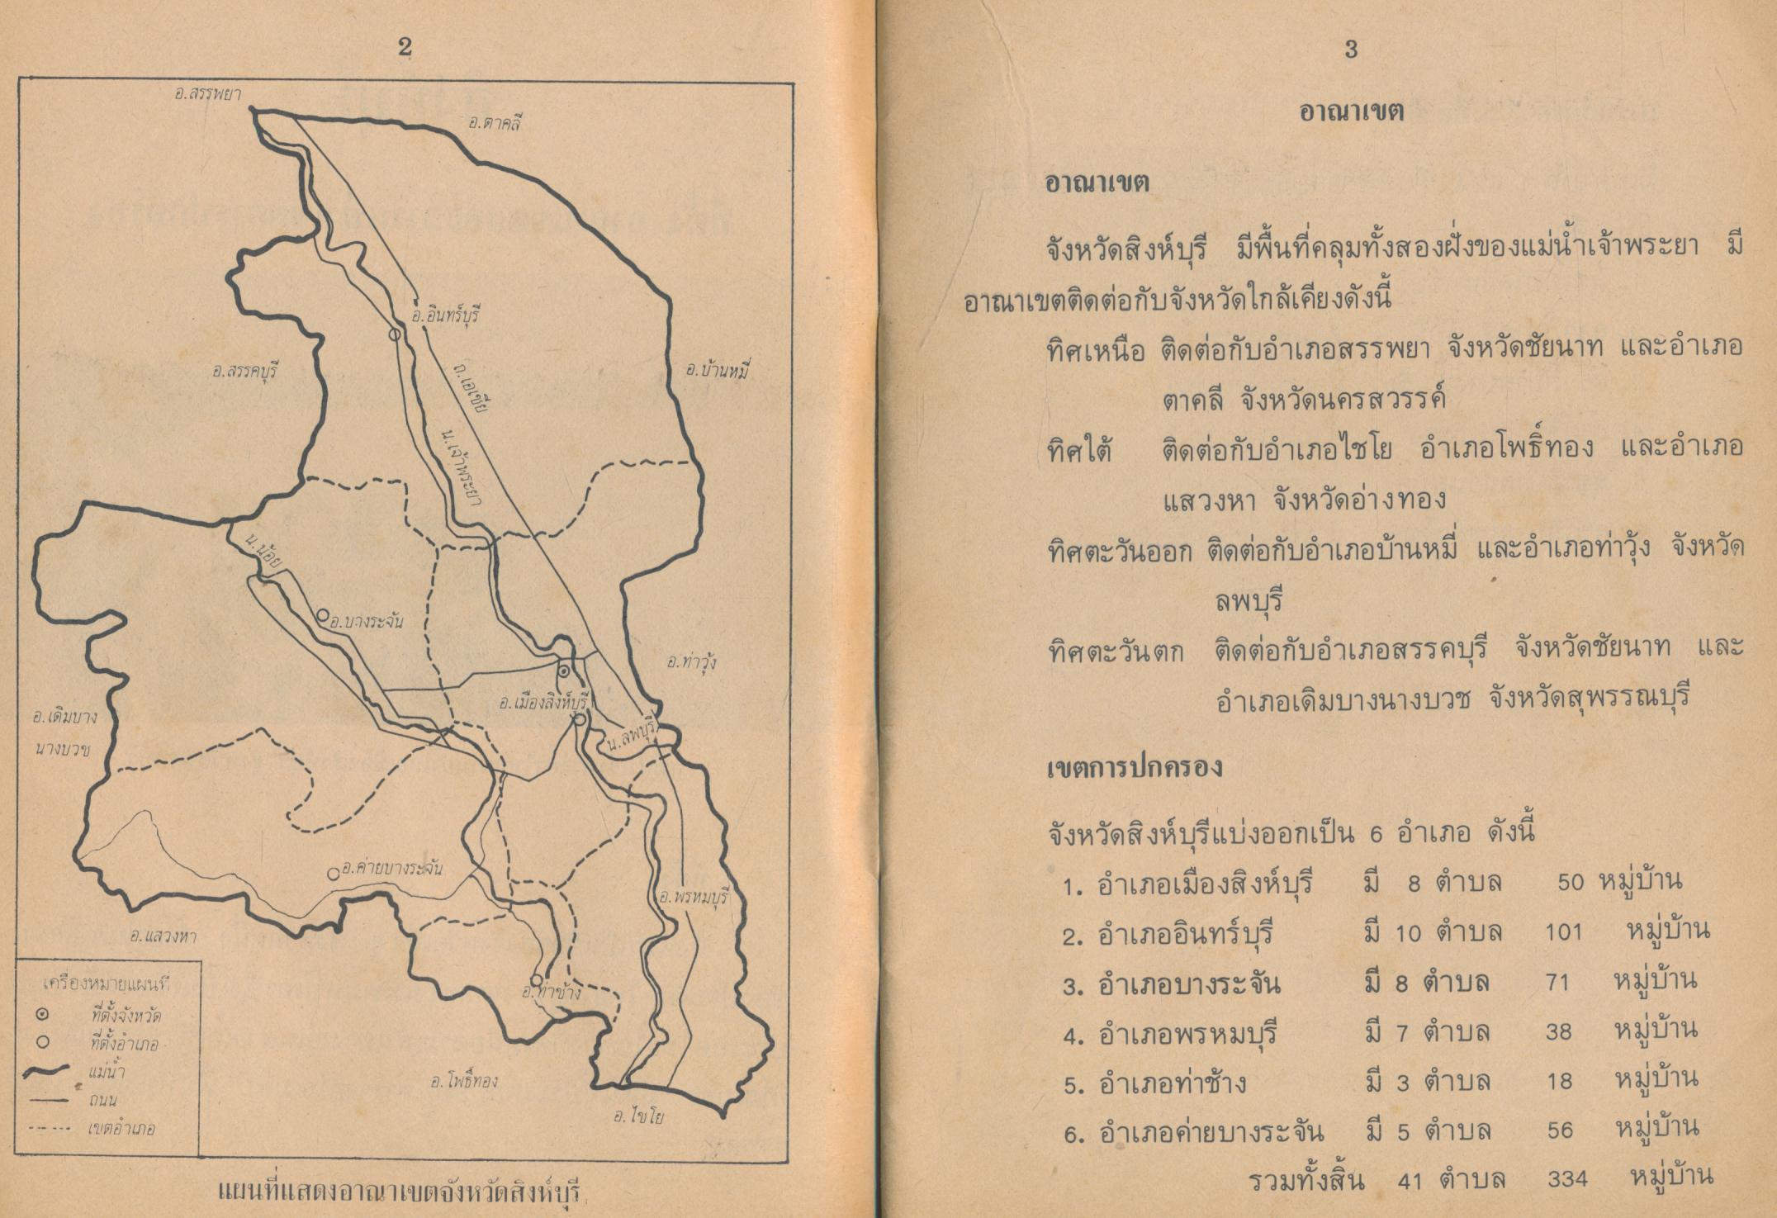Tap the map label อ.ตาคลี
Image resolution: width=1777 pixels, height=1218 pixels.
click(495, 124)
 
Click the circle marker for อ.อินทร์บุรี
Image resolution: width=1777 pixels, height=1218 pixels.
click(395, 334)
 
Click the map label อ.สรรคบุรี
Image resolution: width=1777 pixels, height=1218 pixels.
click(245, 371)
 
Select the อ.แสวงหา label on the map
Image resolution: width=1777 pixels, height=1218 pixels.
click(163, 936)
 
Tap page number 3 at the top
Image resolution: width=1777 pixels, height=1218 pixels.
click(1352, 50)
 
